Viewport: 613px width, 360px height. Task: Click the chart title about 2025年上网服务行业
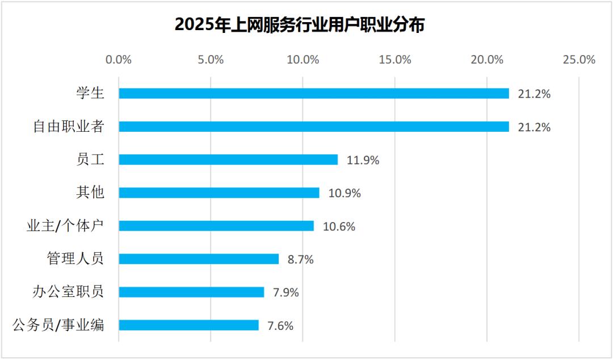pos(300,24)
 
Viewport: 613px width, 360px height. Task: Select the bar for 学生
pos(314,94)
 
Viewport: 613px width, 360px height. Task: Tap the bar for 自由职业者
pos(314,127)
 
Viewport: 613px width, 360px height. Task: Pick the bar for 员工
pos(228,160)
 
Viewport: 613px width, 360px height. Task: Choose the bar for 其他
pos(219,193)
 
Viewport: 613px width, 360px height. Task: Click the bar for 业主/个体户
pos(216,226)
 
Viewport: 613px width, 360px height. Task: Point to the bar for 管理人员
pos(199,259)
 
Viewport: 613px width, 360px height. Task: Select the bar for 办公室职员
pos(192,292)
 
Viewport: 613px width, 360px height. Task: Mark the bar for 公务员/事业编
pos(189,325)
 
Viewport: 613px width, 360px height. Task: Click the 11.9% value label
pos(363,160)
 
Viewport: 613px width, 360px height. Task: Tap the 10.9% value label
pos(345,193)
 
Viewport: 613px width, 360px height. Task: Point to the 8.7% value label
pos(301,259)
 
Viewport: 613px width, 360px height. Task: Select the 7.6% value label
pos(280,325)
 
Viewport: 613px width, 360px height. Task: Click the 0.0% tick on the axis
pos(119,60)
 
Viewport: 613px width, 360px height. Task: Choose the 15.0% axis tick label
pos(395,60)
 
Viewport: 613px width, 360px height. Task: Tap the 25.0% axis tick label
pos(579,60)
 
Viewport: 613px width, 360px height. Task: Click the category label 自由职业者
pos(69,127)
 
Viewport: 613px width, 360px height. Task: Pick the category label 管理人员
pos(75,259)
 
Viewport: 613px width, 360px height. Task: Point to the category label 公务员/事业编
pos(58,325)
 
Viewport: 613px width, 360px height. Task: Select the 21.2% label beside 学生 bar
pos(535,94)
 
